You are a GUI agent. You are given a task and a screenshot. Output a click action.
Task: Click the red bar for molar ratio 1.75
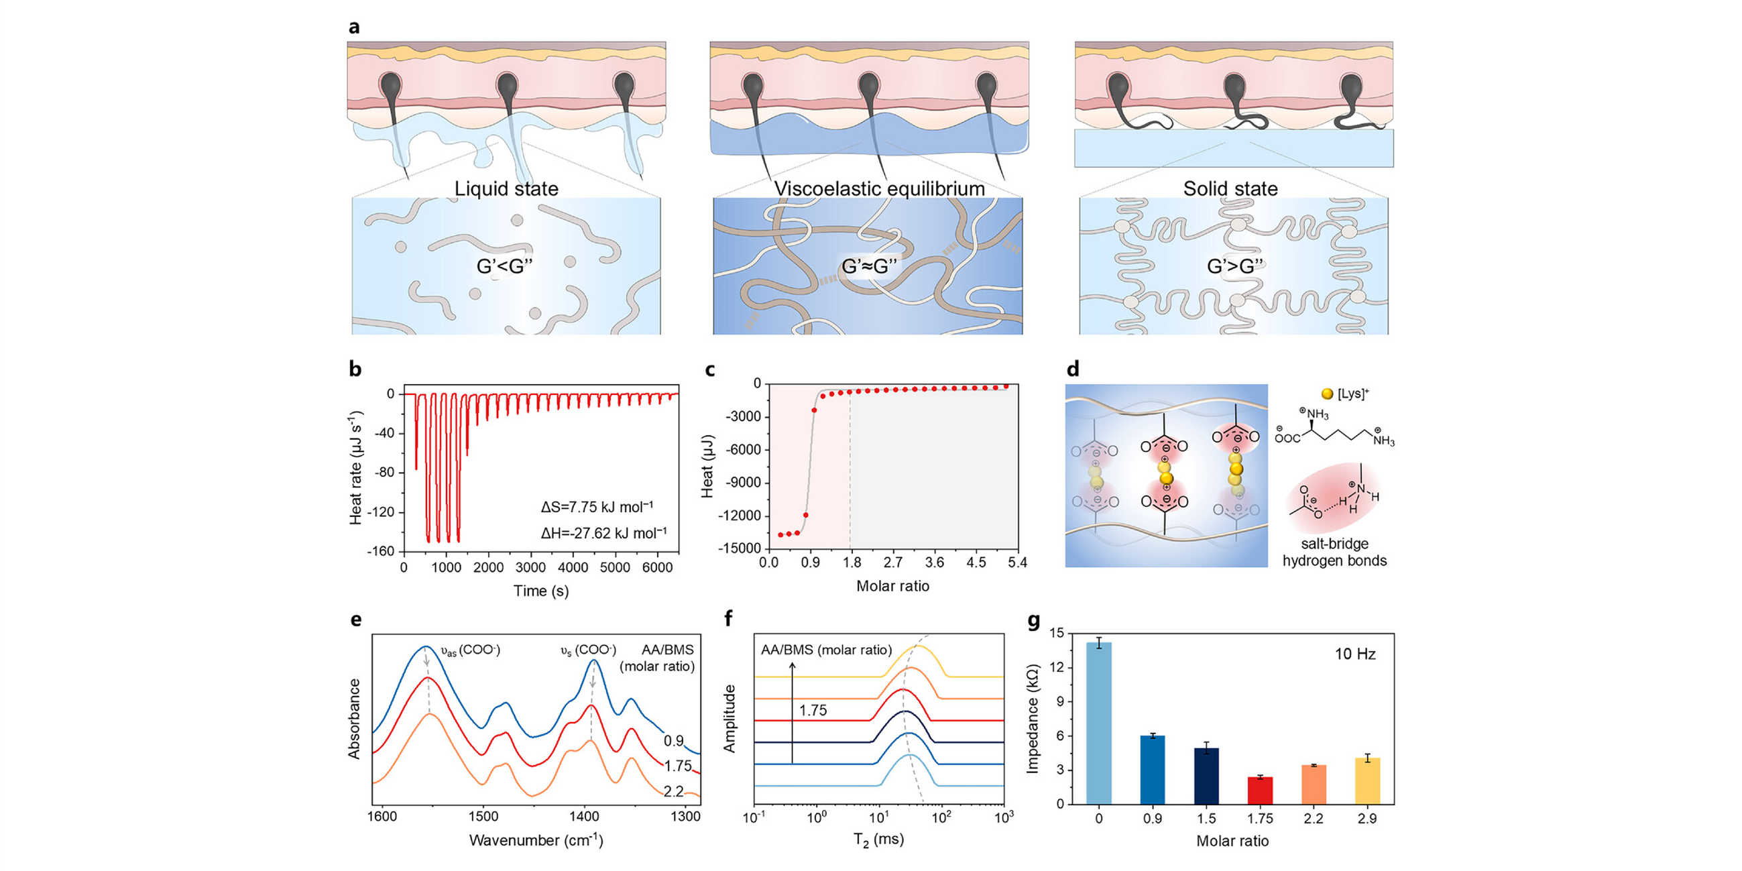click(x=1260, y=790)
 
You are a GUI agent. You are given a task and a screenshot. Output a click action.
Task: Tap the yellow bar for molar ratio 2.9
click(x=1367, y=780)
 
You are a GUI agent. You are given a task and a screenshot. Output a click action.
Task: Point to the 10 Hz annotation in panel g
click(x=1354, y=654)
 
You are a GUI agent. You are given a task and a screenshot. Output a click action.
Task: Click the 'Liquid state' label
click(x=506, y=188)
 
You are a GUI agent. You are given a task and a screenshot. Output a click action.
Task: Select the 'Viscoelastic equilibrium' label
click(x=879, y=188)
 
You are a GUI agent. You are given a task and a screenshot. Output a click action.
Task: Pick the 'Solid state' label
click(x=1230, y=188)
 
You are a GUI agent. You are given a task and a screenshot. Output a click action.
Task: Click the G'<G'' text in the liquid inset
click(x=504, y=266)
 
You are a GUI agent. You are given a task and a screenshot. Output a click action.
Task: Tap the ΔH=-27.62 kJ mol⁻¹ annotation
click(x=603, y=533)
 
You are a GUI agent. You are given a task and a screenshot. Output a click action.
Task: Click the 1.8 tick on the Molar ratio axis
click(x=852, y=563)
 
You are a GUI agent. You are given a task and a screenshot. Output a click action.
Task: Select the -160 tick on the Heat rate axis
click(x=381, y=551)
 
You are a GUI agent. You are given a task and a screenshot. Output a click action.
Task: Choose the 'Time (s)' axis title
click(x=541, y=590)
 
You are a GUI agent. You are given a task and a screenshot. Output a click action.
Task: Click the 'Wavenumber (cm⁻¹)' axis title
click(x=536, y=840)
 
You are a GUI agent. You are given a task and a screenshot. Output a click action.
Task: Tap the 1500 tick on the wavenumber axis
click(x=483, y=816)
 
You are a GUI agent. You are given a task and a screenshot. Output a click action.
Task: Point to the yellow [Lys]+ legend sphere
click(x=1327, y=394)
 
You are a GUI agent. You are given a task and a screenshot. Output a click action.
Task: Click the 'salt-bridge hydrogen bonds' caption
click(x=1334, y=552)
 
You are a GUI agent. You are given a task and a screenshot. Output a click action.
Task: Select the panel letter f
click(x=728, y=618)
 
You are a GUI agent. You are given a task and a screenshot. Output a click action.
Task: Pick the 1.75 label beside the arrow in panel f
click(x=813, y=710)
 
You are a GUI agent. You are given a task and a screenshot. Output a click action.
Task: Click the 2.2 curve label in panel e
click(x=674, y=791)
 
